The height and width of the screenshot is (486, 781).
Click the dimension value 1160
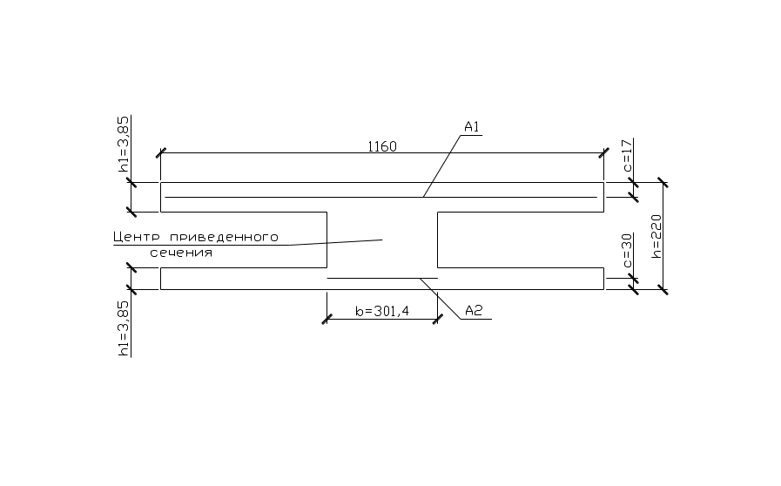381,146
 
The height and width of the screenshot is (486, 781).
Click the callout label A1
472,128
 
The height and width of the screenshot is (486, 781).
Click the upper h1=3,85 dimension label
124,143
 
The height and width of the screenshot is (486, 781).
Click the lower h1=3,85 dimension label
124,327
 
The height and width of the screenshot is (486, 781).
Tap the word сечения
181,253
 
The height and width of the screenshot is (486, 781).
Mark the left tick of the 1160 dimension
160,153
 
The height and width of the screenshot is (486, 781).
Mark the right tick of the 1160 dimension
604,153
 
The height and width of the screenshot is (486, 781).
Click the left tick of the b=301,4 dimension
327,320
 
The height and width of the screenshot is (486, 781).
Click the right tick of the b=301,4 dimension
437,320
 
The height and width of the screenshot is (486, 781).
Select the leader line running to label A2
442,297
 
